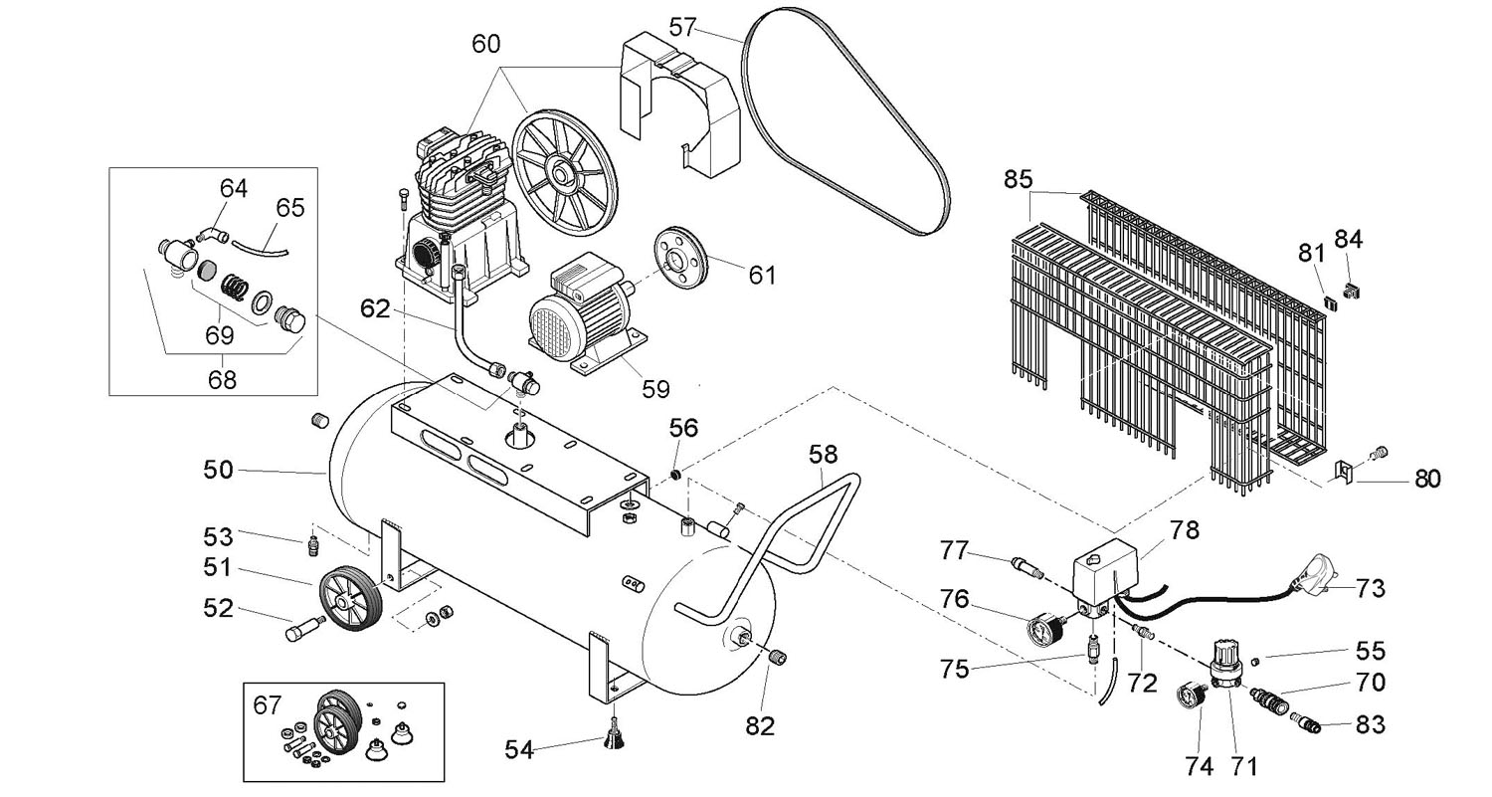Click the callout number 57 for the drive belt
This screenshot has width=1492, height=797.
[x=682, y=27]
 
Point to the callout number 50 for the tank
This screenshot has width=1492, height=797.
[x=219, y=471]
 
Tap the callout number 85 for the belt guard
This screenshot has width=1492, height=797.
[x=1018, y=180]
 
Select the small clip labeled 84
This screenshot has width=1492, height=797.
[x=1352, y=291]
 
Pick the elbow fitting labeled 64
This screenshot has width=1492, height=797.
[x=214, y=234]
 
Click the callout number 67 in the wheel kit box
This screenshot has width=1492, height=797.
[x=268, y=704]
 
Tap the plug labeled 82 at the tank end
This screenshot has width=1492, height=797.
[x=777, y=657]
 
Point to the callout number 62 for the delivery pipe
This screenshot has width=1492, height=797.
[x=374, y=308]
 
